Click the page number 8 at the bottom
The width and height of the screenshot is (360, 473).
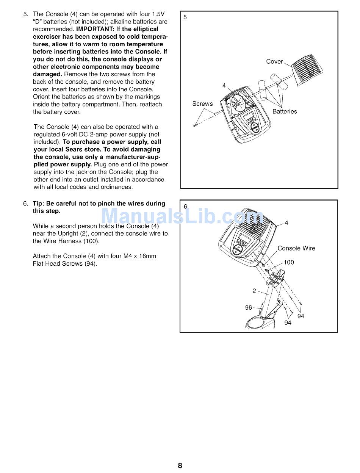(180, 465)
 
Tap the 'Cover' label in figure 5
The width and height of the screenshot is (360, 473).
(274, 62)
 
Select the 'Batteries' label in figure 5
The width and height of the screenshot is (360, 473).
(285, 111)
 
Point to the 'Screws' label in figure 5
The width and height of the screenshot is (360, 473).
(202, 103)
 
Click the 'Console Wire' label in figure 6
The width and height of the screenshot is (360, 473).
(296, 248)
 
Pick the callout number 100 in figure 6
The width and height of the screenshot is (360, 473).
(289, 262)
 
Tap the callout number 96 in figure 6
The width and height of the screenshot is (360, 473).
(249, 307)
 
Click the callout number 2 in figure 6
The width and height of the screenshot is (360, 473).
(254, 291)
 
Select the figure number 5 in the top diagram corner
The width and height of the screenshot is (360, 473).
(185, 17)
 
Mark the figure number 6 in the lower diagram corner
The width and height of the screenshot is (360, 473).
(185, 207)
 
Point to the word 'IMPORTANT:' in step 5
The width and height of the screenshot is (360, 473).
(92, 29)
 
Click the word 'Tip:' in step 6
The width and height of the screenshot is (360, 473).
(39, 204)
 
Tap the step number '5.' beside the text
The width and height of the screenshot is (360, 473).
(26, 14)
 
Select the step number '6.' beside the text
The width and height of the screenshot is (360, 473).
(26, 204)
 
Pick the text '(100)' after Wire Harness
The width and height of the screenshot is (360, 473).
(91, 241)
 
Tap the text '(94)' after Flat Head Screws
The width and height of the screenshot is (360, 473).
(91, 264)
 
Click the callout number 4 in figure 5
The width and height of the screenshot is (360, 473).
(224, 86)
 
